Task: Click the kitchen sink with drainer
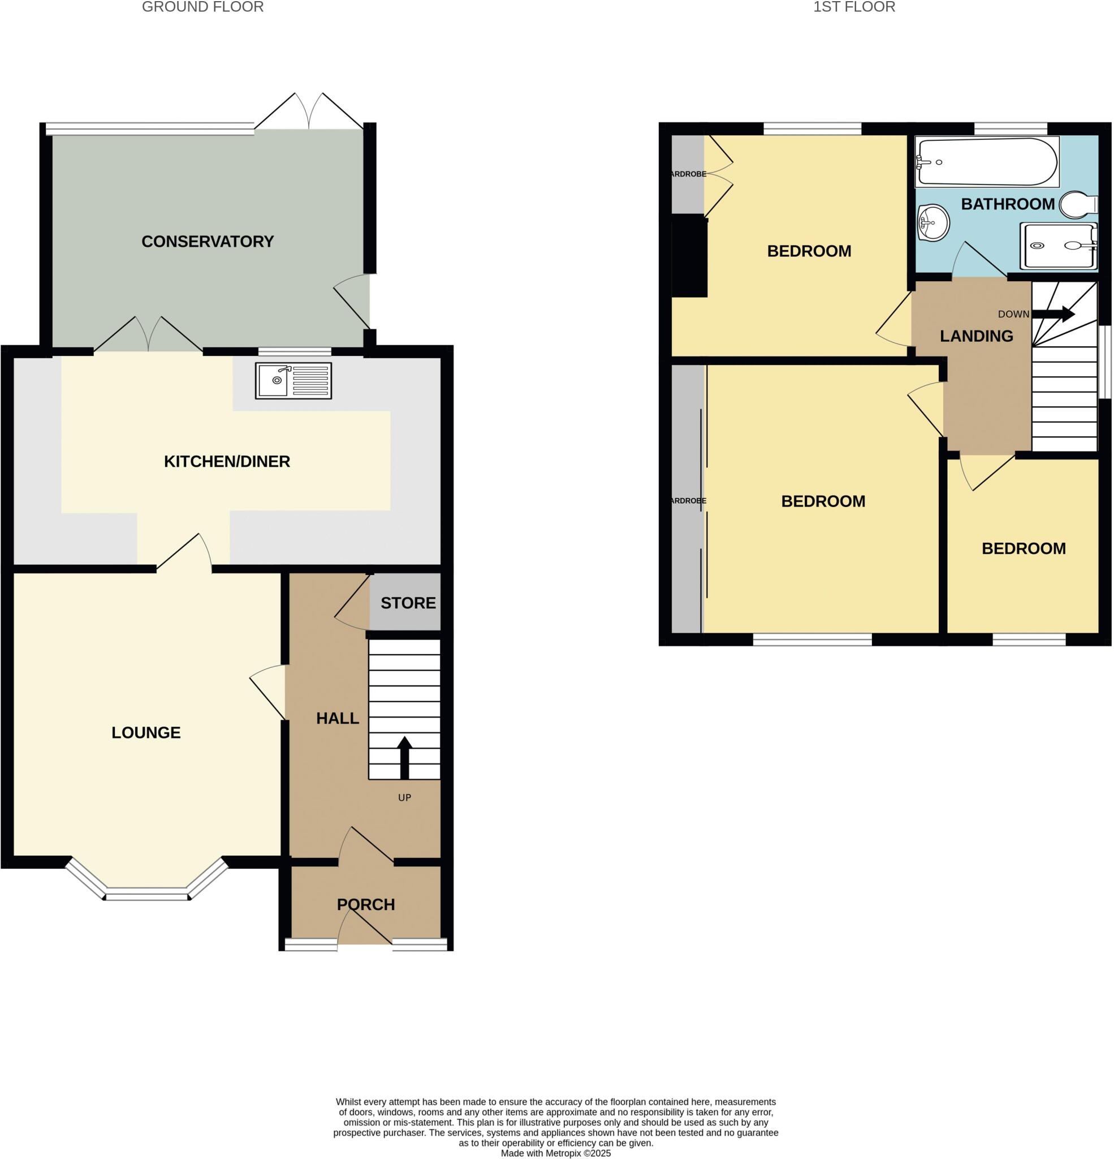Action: click(x=293, y=380)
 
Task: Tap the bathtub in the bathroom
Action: click(x=986, y=161)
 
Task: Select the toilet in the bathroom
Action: click(x=1078, y=205)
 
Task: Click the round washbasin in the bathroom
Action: click(x=933, y=223)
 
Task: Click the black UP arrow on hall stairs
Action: click(x=404, y=758)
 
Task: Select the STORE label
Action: click(x=408, y=603)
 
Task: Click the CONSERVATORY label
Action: click(x=208, y=241)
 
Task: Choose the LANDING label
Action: click(x=976, y=336)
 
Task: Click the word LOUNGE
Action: click(x=146, y=733)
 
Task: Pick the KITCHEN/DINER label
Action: click(x=227, y=461)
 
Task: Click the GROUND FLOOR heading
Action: click(x=202, y=7)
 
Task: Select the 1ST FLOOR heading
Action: click(x=854, y=7)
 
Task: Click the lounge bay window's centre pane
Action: click(x=146, y=895)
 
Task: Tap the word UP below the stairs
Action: click(x=404, y=798)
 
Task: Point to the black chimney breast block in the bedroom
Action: click(x=690, y=257)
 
